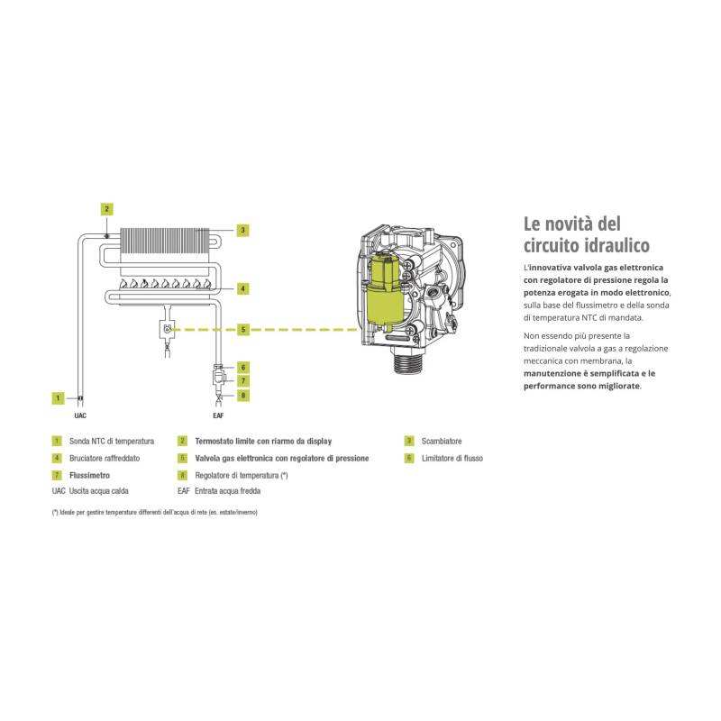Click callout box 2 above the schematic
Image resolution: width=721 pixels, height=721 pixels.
pyautogui.click(x=107, y=209)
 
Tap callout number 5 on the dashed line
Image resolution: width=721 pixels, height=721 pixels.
pyautogui.click(x=242, y=330)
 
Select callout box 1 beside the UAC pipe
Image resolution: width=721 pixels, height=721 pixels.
pyautogui.click(x=58, y=397)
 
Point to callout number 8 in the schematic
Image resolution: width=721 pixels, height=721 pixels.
pyautogui.click(x=242, y=396)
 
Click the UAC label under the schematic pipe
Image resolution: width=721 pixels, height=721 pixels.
pyautogui.click(x=80, y=417)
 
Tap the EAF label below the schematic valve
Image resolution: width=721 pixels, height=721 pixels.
pyautogui.click(x=218, y=417)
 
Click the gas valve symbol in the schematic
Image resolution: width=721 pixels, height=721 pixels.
pyautogui.click(x=167, y=329)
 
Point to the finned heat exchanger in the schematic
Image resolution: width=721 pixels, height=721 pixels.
pyautogui.click(x=168, y=238)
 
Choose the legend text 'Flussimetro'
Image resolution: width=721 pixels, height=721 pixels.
pyautogui.click(x=89, y=475)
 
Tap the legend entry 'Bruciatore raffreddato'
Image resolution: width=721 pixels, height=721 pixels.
pyautogui.click(x=104, y=459)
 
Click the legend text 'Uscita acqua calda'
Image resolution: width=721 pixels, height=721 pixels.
pyautogui.click(x=100, y=492)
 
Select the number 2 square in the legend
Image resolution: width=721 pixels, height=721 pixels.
pyautogui.click(x=183, y=442)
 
